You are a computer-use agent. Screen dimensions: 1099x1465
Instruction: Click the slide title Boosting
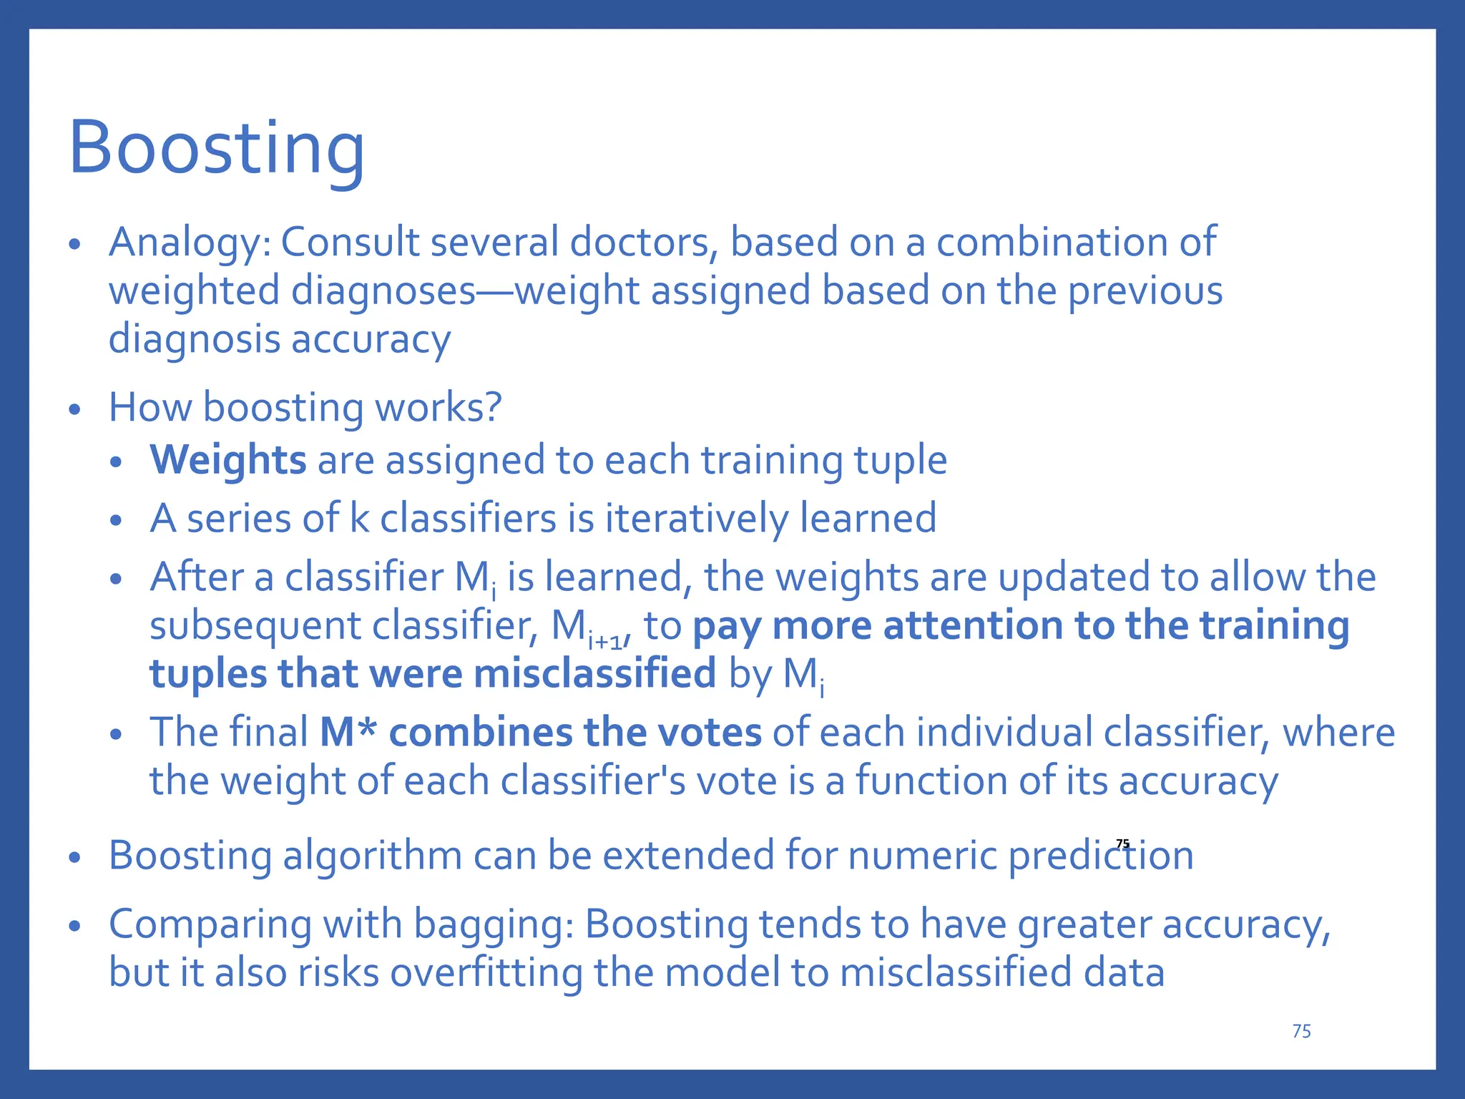pyautogui.click(x=216, y=149)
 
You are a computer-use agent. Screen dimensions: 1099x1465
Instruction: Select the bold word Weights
pyautogui.click(x=227, y=459)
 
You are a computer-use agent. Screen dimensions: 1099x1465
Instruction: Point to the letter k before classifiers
pyautogui.click(x=359, y=518)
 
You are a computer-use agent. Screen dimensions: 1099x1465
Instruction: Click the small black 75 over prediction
pyautogui.click(x=1122, y=844)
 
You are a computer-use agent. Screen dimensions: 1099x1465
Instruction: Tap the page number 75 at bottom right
pyautogui.click(x=1301, y=1031)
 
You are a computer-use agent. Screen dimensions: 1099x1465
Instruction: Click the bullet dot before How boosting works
pyautogui.click(x=75, y=411)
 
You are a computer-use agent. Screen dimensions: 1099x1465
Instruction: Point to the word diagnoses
pyautogui.click(x=383, y=291)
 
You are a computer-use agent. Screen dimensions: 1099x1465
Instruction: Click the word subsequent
pyautogui.click(x=255, y=626)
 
